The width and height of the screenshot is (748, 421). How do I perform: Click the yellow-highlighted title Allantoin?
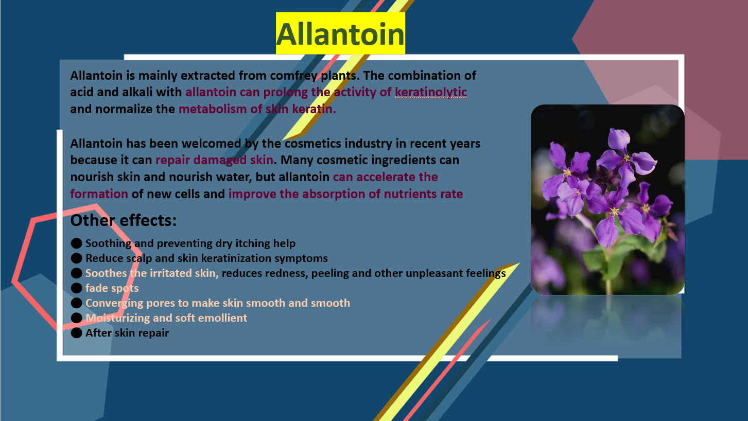coord(340,34)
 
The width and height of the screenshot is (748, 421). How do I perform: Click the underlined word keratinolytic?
coord(431,92)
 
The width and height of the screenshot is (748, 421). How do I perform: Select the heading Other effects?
coord(123,220)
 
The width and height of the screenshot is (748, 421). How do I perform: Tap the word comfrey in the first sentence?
coord(293,76)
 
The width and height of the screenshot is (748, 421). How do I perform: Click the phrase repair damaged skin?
coord(214,160)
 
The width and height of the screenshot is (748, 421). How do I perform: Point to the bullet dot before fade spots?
coord(77,288)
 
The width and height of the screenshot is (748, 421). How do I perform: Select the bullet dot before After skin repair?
coord(77,333)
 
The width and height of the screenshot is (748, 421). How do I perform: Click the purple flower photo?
coord(607,199)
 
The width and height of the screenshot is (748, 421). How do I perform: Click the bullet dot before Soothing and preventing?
coord(77,243)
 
